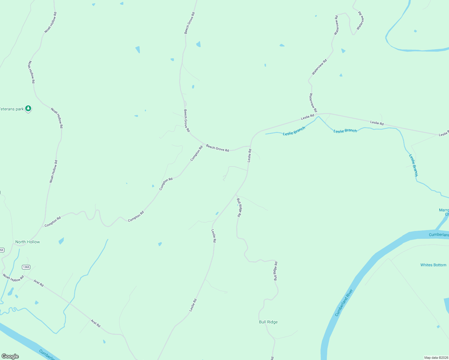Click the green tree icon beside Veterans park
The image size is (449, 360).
point(28,108)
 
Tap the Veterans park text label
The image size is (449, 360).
point(11,109)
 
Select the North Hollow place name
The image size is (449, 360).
point(28,242)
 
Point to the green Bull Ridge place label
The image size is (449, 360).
point(268,322)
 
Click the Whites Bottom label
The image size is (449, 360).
point(433,265)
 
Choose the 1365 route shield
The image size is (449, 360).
point(26,267)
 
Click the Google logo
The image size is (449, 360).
point(10,356)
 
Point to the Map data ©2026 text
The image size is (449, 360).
point(435,358)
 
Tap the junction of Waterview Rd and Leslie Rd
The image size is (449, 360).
point(318,114)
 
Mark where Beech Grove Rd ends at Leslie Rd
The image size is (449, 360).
point(251,146)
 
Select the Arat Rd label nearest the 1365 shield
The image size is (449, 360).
point(38,283)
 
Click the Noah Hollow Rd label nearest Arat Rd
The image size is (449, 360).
point(13,278)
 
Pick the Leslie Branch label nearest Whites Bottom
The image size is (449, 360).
point(413,165)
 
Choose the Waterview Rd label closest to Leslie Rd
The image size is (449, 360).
point(313,103)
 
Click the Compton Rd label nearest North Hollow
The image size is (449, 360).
point(53,221)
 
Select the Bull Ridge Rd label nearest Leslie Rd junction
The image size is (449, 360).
point(239,207)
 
